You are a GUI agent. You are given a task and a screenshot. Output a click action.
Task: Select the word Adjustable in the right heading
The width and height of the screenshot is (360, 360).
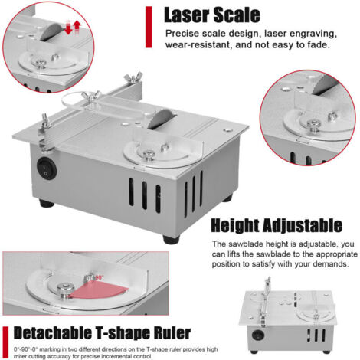tap(302, 225)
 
